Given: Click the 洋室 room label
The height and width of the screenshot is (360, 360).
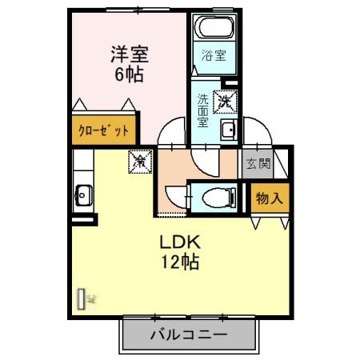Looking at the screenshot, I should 128,56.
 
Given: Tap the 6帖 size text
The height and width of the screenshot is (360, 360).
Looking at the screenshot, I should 128,78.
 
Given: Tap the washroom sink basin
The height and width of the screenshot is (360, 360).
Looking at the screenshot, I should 228,131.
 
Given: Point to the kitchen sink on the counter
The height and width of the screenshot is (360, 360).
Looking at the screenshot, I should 82,193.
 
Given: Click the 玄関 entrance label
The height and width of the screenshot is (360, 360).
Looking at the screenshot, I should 258,165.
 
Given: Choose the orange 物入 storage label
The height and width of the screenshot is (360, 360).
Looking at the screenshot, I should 268,198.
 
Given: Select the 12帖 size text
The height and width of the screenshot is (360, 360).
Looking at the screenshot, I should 182,262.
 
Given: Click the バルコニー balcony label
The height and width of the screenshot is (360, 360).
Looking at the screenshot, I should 190,334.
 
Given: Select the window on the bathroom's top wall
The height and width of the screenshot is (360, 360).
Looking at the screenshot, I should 214,10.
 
